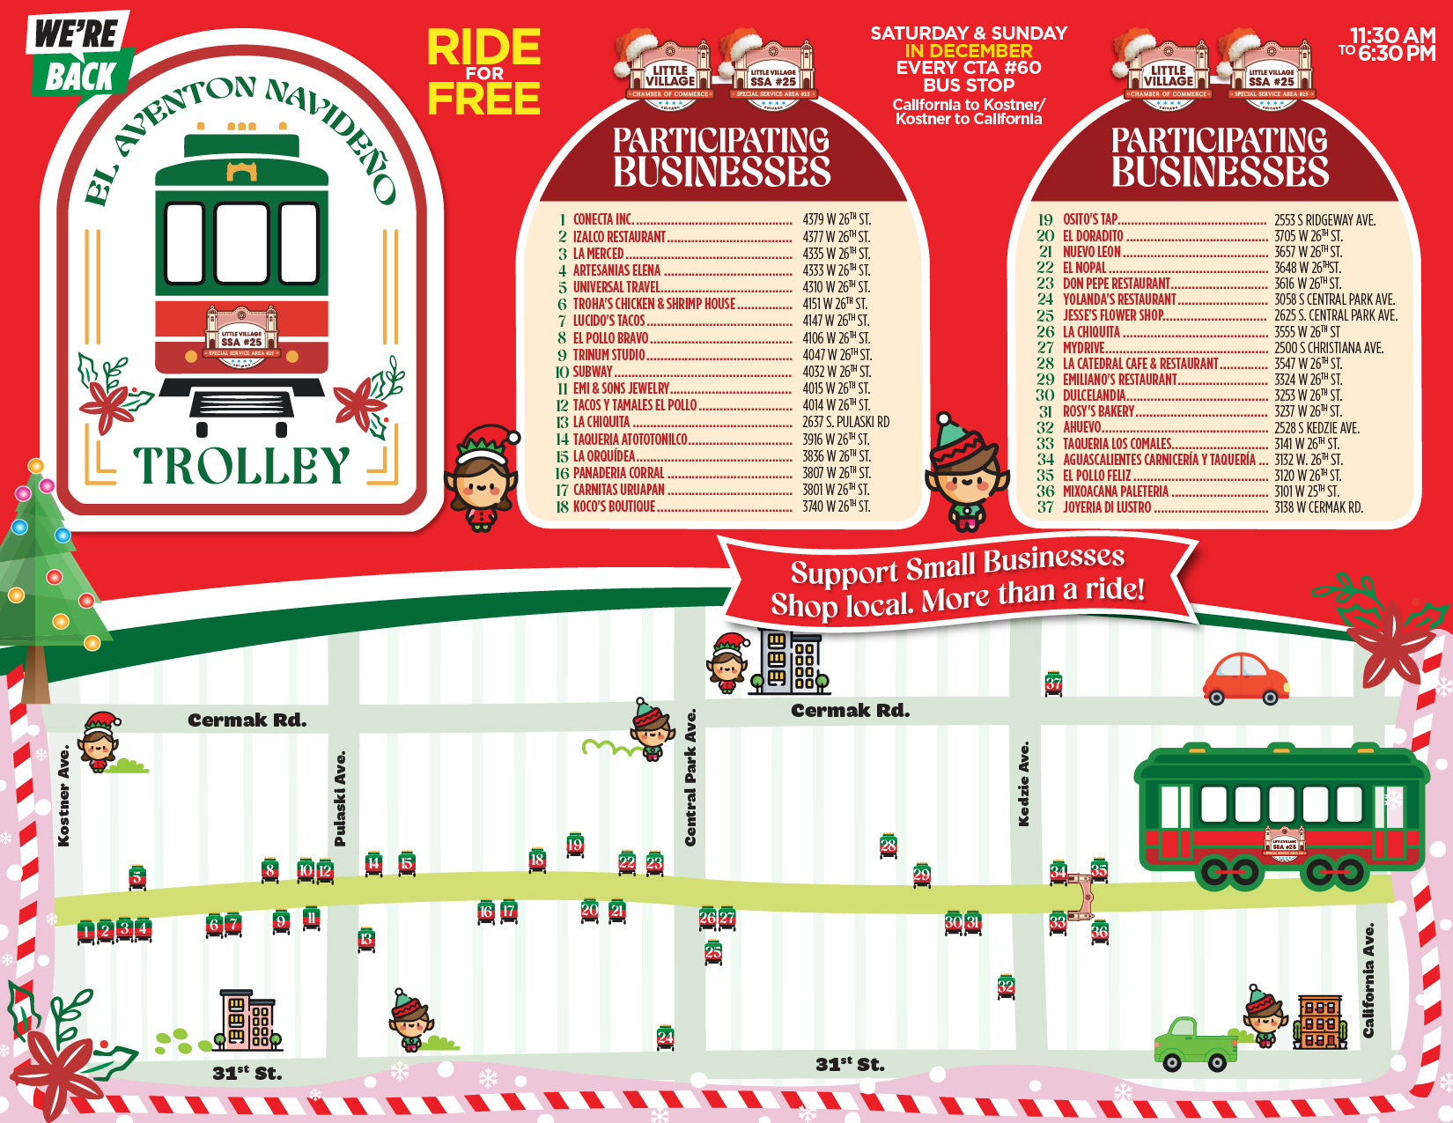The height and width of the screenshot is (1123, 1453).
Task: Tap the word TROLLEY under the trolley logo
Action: click(241, 465)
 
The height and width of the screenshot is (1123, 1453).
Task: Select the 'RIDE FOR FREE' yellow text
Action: click(483, 72)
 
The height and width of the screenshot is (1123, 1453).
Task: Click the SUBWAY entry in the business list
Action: click(593, 372)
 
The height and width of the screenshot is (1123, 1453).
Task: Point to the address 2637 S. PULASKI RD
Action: click(845, 422)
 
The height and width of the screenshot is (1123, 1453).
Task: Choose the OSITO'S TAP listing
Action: click(1090, 219)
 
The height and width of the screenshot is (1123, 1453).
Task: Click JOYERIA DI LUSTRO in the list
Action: click(1107, 507)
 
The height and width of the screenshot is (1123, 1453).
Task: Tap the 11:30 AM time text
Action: click(1392, 36)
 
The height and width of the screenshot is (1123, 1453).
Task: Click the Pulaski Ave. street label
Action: click(340, 798)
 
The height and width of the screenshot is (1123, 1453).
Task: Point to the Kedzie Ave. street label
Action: click(1023, 784)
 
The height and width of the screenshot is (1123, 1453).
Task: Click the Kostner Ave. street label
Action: click(63, 797)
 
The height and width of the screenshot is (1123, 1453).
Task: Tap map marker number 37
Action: click(1053, 683)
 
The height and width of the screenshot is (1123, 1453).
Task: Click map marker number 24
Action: click(666, 1038)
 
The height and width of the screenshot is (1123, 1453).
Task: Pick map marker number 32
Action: click(1006, 986)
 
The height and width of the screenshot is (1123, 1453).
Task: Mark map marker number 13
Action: click(366, 940)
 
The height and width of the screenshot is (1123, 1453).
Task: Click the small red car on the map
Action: click(1245, 679)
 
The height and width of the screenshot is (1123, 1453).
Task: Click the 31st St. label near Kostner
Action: click(247, 1073)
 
